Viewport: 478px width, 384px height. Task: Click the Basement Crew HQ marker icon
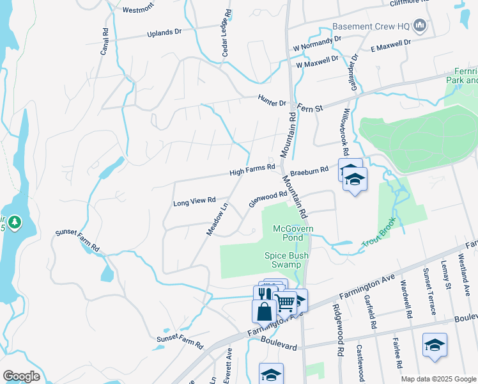420,26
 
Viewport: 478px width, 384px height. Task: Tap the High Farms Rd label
252,170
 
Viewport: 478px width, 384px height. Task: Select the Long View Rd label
194,202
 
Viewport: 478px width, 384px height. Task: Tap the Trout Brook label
379,236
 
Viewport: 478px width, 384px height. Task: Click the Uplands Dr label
165,33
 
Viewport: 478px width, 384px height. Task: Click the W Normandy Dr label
314,44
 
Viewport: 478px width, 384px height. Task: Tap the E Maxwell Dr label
390,45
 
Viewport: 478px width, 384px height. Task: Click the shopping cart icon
286,301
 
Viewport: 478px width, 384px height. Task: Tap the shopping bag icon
264,311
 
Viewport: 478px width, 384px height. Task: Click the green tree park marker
14,223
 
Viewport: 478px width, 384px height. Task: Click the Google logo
21,376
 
